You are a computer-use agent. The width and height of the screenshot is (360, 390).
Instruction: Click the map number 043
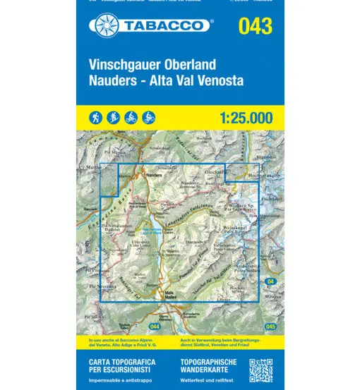point(255,27)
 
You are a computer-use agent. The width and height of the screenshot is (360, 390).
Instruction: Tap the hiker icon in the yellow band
point(97,116)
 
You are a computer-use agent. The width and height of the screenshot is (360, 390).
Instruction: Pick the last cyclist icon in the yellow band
point(149,116)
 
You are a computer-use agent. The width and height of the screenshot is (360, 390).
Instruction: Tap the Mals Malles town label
point(169,294)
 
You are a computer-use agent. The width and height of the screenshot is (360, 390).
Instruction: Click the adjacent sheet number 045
point(266,327)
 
